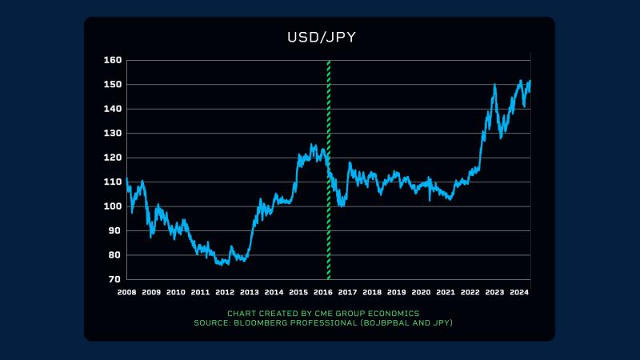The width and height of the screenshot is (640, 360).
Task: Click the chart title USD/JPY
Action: coord(320,38)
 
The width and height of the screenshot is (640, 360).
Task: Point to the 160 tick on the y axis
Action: coord(112,60)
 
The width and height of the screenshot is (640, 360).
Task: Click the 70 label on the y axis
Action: coord(115,280)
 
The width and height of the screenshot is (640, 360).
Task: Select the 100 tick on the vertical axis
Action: coord(112,206)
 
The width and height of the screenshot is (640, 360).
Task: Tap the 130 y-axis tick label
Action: coord(112,134)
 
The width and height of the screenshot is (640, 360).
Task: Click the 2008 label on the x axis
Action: coord(126,293)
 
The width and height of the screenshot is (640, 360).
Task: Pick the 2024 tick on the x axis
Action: coord(519,293)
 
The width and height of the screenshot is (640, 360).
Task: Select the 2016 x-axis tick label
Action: coord(323,293)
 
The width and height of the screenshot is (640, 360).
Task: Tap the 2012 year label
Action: coord(225,293)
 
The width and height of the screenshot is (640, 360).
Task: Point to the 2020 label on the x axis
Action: coord(421,293)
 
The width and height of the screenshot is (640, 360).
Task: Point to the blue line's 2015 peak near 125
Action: coord(312,145)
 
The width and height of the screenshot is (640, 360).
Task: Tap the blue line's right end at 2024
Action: coord(530,82)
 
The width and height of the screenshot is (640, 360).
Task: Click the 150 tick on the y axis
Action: coord(112,85)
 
